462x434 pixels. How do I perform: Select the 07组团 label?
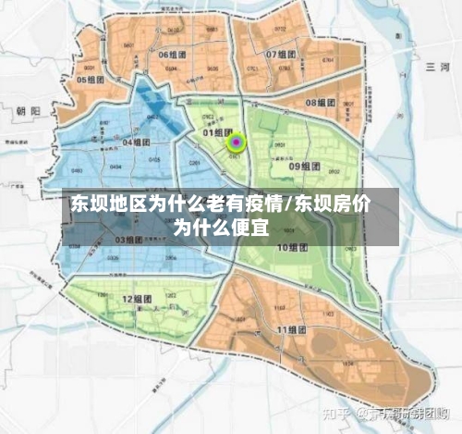click(x=283, y=55)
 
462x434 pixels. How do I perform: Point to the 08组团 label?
click(x=322, y=103)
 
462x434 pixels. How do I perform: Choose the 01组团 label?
click(x=216, y=133)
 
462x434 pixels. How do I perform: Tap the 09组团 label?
click(x=305, y=167)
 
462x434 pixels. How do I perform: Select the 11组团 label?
click(x=292, y=329)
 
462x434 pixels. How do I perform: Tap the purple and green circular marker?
click(x=237, y=143)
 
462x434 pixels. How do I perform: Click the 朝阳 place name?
click(x=29, y=110)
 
